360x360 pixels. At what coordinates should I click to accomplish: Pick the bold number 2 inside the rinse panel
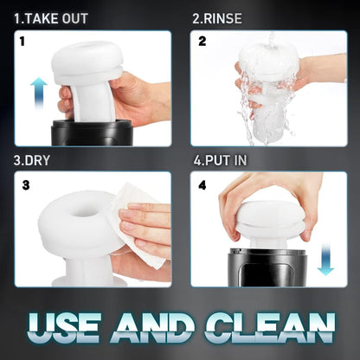[x=202, y=41]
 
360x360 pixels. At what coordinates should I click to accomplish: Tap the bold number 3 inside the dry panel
[x=26, y=184]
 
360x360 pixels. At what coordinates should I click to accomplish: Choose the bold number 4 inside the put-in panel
[x=202, y=184]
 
